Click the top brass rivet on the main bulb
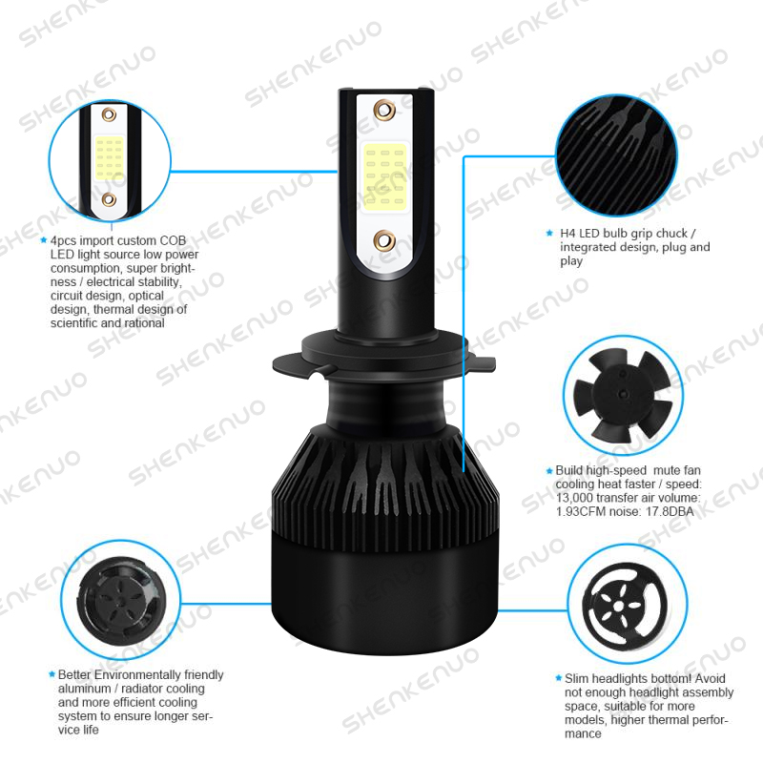pos(384,110)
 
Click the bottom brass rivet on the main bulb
pos(384,240)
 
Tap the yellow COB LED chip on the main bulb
pos(385,176)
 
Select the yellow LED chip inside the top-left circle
pos(110,157)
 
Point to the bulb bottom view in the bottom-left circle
pos(121,601)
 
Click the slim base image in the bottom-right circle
pos(626,606)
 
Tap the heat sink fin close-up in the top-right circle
pos(616,155)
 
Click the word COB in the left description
pos(174,240)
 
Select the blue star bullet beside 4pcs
pos(44,240)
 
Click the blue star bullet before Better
pos(52,674)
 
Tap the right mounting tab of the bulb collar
pos(481,362)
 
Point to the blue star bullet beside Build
pos(549,470)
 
